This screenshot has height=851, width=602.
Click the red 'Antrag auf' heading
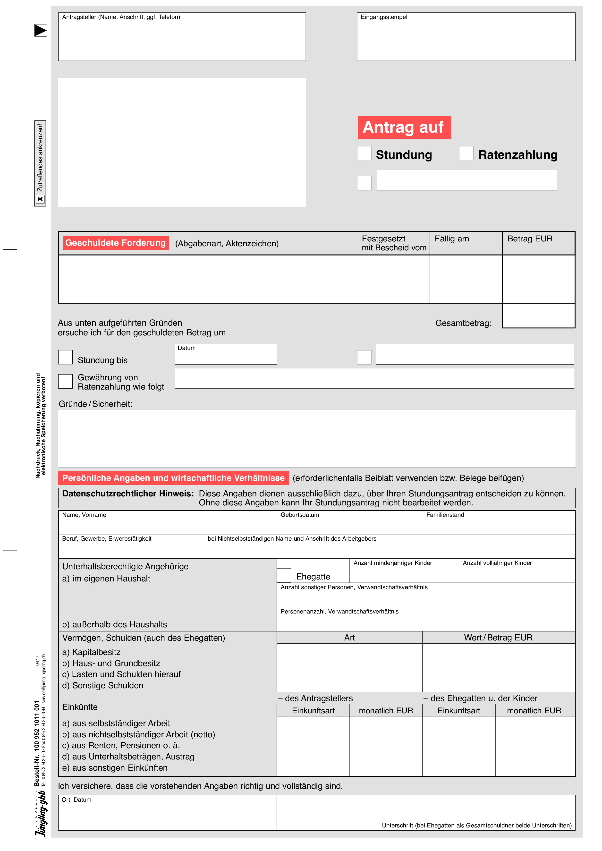[404, 127]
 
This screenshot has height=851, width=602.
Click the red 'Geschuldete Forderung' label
[116, 243]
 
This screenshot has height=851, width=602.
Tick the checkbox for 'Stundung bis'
[65, 357]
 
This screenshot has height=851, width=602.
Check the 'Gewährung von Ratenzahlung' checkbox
[65, 381]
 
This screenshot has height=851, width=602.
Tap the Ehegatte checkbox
[284, 575]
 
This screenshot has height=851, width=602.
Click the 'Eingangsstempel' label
[384, 17]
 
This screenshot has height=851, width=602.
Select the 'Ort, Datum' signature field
[167, 813]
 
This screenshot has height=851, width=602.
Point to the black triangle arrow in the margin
[40, 30]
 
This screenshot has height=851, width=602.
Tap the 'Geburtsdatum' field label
[299, 515]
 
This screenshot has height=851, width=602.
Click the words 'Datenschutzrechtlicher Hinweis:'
[128, 494]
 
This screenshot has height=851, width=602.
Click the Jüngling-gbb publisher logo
[40, 814]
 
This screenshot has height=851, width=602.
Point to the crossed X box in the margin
[40, 199]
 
